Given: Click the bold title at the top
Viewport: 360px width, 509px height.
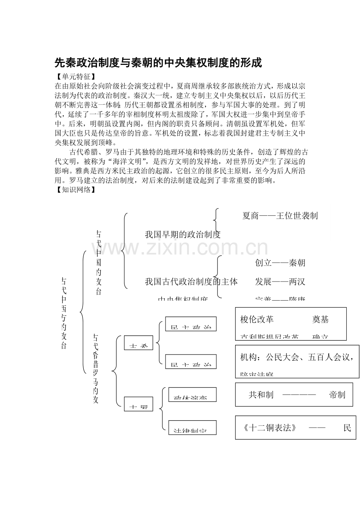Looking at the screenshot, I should [158, 63].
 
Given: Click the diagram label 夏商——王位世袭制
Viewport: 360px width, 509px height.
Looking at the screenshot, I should [280, 215].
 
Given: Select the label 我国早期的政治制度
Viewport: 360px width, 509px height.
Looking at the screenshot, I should [183, 234].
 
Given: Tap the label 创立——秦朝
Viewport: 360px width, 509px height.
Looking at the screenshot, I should [280, 263].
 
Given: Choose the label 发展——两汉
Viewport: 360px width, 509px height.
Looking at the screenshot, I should [280, 281].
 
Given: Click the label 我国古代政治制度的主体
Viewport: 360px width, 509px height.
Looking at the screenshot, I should [191, 281].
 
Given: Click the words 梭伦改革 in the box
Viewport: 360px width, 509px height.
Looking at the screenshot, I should [257, 319].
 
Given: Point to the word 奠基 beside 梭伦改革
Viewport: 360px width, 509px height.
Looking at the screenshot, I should [320, 319].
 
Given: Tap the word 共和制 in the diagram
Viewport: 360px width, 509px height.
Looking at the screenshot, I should [261, 394].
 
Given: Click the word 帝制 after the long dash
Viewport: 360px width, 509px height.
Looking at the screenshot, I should [337, 394].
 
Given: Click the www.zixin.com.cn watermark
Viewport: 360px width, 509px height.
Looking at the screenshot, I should [180, 248].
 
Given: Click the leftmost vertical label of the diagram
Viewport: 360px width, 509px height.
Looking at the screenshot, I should [64, 313].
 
